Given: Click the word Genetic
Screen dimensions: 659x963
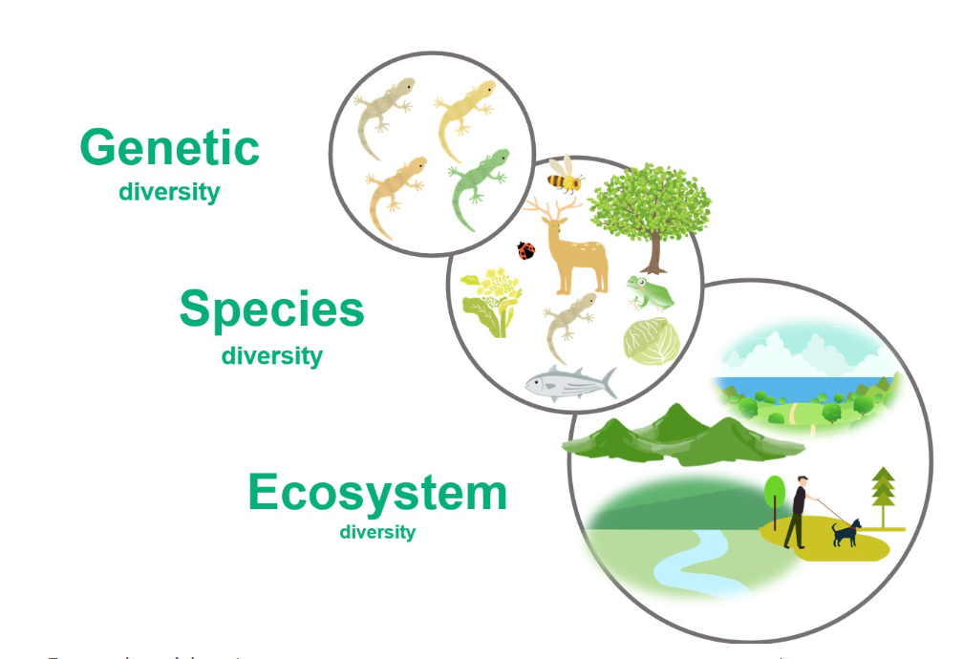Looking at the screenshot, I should tap(169, 148).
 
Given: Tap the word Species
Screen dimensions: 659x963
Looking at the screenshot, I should tap(271, 309).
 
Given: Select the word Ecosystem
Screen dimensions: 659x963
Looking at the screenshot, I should tap(377, 493).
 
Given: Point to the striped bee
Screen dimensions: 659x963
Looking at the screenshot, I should tap(566, 176).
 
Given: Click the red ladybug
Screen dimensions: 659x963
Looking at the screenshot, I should tap(526, 250).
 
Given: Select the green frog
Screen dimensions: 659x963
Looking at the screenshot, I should tap(650, 292).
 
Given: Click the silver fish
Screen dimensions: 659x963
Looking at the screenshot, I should tap(569, 384).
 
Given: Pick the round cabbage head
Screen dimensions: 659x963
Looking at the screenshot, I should tap(647, 341).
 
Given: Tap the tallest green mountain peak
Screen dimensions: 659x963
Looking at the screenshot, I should tap(677, 420).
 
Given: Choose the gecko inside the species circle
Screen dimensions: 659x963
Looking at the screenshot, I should tap(570, 322).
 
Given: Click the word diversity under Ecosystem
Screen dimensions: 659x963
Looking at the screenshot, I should tap(377, 532).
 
